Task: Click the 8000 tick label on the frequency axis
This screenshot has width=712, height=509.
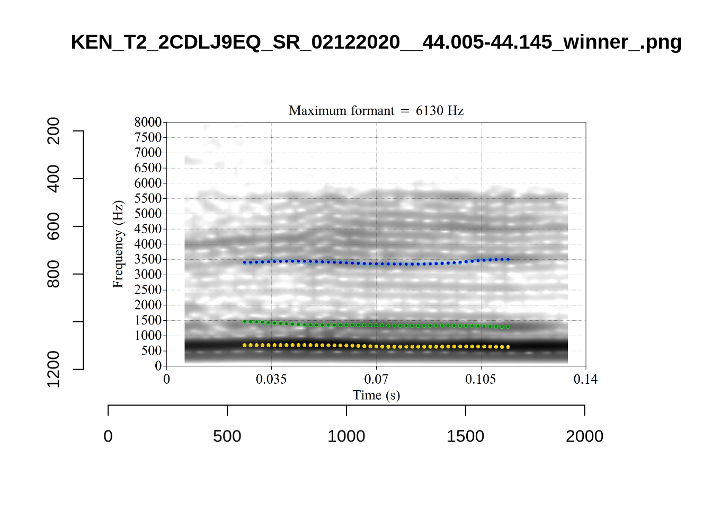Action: coord(148,122)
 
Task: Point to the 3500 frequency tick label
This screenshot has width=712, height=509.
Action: coord(148,259)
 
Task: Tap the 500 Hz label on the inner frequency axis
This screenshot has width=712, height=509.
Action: coord(151,350)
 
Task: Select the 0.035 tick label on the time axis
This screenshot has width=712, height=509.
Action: coord(271,379)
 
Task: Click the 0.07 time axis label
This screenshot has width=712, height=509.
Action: coord(376,379)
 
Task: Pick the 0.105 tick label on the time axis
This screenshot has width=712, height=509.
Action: coord(480,379)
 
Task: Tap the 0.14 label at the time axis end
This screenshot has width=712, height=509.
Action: coord(585,379)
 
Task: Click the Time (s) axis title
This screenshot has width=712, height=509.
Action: coord(376,395)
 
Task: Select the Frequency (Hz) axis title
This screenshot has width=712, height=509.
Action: coord(118,244)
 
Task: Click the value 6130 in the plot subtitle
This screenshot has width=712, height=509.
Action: coord(429,111)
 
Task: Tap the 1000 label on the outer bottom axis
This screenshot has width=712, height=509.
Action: coord(346,436)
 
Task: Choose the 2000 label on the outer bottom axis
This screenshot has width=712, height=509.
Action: coord(584,436)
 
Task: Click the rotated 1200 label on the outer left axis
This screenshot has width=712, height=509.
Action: coord(54,369)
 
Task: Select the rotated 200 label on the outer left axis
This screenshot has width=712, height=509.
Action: coord(54,131)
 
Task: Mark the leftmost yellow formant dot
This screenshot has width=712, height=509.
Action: coord(244,345)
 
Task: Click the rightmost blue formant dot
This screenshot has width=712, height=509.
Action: coord(509,259)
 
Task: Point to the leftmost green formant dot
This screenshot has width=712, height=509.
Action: coord(244,321)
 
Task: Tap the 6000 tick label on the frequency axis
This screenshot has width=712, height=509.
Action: coord(148,183)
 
